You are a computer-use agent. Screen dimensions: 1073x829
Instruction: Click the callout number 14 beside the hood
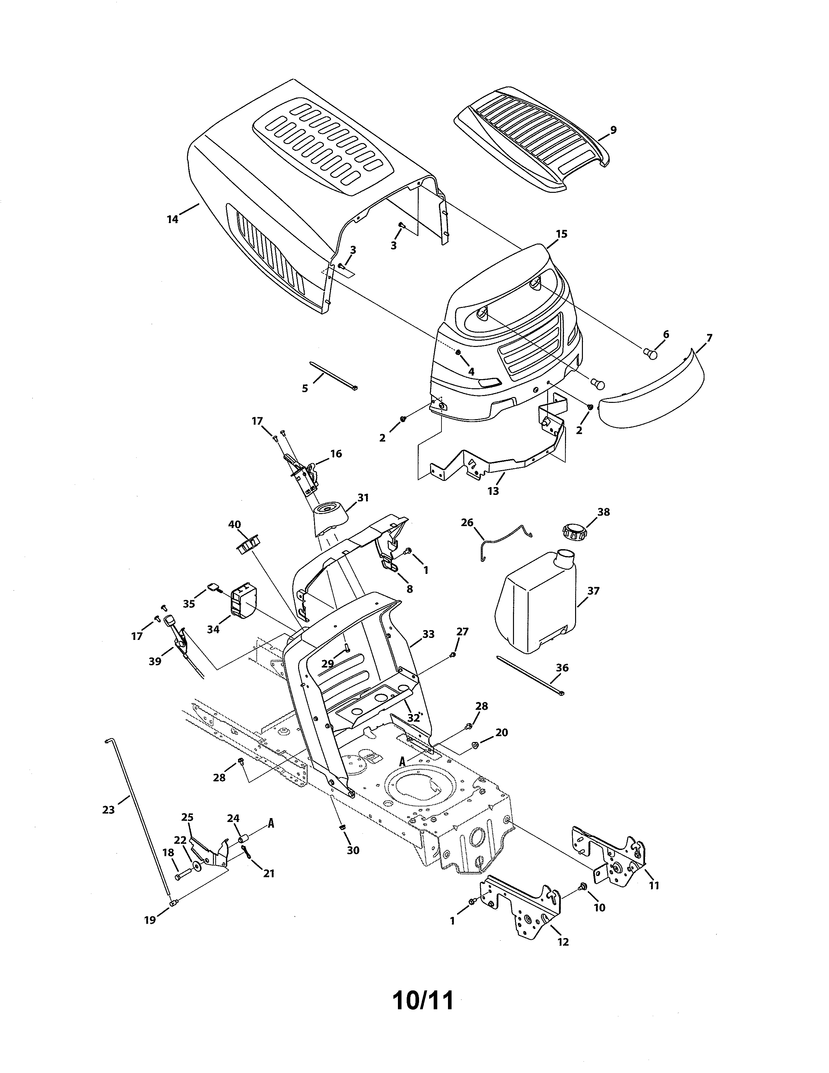[172, 219]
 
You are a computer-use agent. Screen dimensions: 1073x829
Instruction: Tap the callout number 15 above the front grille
[561, 234]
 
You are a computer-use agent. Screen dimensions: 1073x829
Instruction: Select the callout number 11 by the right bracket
[654, 885]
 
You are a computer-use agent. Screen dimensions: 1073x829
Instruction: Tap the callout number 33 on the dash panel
[428, 634]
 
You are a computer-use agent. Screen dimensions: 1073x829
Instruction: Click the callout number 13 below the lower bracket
[493, 490]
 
